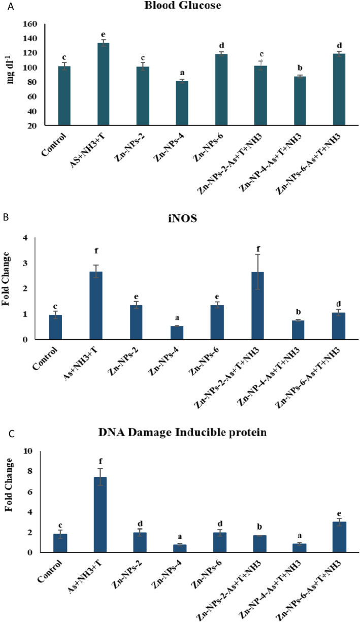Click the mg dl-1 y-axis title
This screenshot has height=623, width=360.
[11, 65]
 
